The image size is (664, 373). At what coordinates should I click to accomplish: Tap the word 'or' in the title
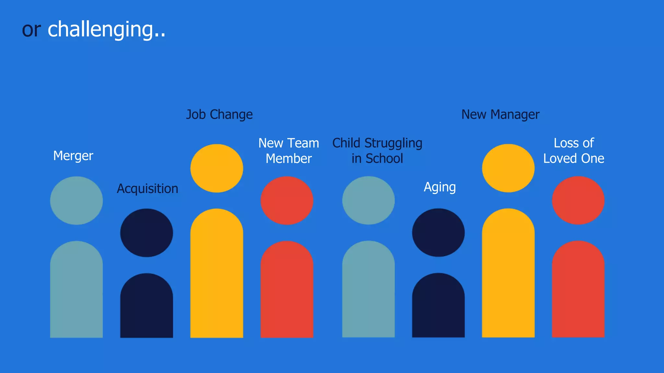31,30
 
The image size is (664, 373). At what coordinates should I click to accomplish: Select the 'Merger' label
73,156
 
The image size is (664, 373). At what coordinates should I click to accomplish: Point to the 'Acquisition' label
148,188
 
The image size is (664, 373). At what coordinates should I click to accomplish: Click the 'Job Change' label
219,115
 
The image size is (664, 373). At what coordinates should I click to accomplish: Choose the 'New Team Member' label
289,151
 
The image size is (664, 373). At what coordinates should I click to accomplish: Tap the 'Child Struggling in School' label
377,151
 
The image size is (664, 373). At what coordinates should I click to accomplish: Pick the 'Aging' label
440,187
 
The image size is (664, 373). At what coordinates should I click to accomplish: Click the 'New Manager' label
500,115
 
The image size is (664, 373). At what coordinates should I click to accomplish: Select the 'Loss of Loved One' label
574,151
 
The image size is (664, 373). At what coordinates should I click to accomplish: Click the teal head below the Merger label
77,200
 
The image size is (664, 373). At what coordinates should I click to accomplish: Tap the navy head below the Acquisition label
147,233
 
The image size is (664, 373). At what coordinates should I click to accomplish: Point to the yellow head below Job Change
217,168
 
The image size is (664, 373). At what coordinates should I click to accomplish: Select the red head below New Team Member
287,200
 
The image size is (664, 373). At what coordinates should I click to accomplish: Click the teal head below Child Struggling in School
369,200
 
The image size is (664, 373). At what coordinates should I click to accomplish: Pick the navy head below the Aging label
438,232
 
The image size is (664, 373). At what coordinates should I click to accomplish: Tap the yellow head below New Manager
508,168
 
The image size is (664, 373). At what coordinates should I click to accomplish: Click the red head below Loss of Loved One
578,200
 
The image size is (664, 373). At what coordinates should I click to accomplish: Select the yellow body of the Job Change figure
217,275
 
